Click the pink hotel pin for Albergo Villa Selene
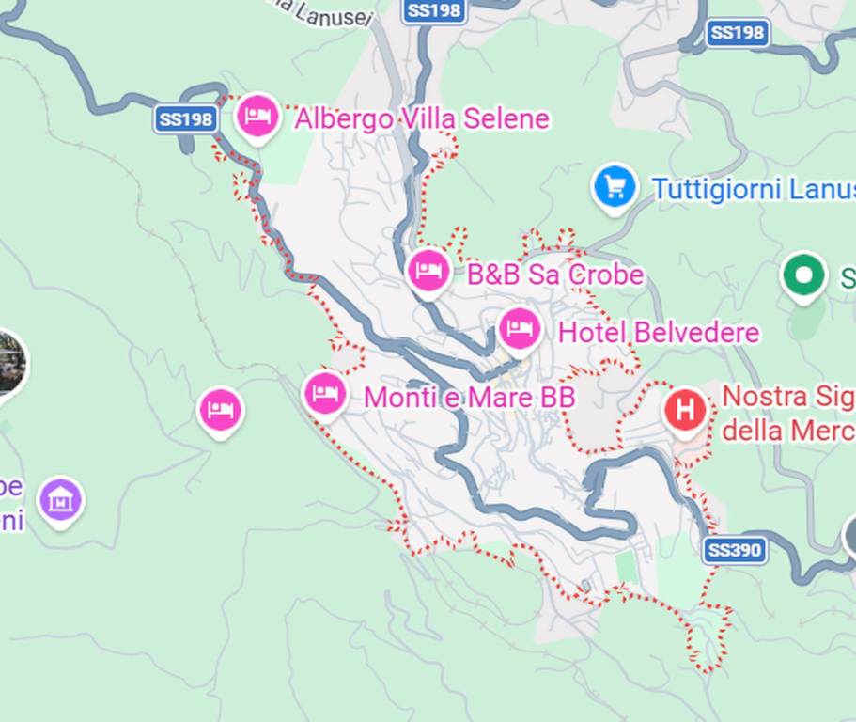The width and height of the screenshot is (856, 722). (257, 117)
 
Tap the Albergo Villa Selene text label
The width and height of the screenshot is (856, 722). (421, 119)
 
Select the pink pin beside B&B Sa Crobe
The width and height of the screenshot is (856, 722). (428, 271)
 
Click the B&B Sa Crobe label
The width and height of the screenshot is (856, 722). (555, 275)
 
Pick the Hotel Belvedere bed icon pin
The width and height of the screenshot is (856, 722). (520, 329)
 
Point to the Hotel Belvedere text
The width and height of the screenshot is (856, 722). (658, 333)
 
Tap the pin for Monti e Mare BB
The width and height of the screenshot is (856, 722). (325, 392)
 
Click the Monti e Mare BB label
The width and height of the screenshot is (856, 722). (469, 398)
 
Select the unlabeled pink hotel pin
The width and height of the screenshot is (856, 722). (220, 410)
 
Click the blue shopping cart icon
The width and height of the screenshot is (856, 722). (615, 186)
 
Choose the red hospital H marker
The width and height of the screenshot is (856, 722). (686, 410)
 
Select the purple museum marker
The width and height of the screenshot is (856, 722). (61, 500)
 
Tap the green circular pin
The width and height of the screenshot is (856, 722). (804, 275)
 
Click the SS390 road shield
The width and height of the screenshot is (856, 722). (734, 550)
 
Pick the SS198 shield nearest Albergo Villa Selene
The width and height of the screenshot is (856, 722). (185, 119)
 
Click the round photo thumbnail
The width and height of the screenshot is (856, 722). (9, 365)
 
